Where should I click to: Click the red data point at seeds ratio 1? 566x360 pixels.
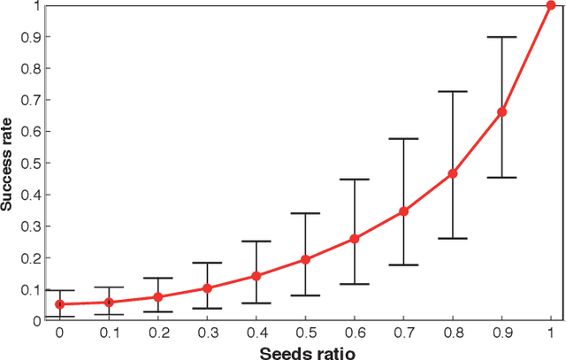point(551,5)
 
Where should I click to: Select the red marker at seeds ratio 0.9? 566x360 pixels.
point(501,111)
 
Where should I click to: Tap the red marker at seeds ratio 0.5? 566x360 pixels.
point(305,259)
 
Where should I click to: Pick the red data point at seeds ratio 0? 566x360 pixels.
point(60,304)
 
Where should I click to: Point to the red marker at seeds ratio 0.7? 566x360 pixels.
point(403,211)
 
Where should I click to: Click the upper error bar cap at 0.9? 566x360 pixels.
point(501,37)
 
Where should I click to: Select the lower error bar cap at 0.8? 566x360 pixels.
point(453,238)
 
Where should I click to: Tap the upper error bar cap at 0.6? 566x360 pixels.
point(355,180)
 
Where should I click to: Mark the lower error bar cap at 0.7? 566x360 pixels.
point(403,264)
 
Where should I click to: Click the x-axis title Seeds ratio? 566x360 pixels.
point(305,351)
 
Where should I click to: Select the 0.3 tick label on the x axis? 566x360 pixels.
point(207,333)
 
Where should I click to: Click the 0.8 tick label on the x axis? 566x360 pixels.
point(453,333)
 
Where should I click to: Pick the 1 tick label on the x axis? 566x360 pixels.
point(551,333)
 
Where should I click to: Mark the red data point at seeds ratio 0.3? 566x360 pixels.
point(207,288)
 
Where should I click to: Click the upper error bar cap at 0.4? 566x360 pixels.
point(256,241)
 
